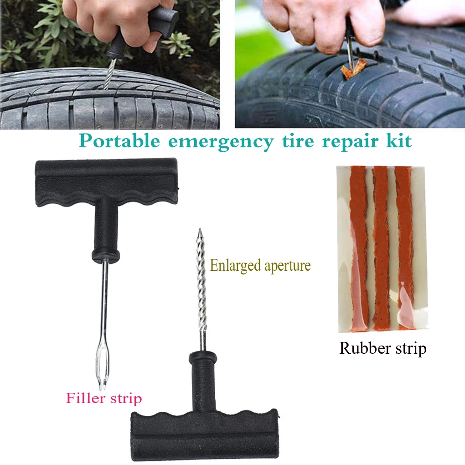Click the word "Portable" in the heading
119,141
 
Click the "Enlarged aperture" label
260,265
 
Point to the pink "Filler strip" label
104,398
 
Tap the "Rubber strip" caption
382,349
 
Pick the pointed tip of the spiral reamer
199,233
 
